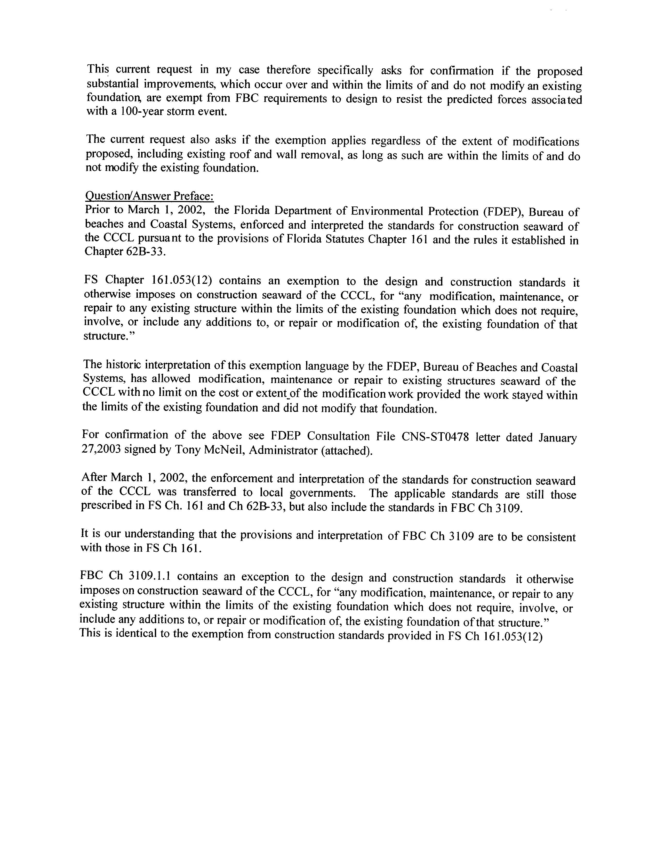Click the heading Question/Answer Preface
pos(149,196)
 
